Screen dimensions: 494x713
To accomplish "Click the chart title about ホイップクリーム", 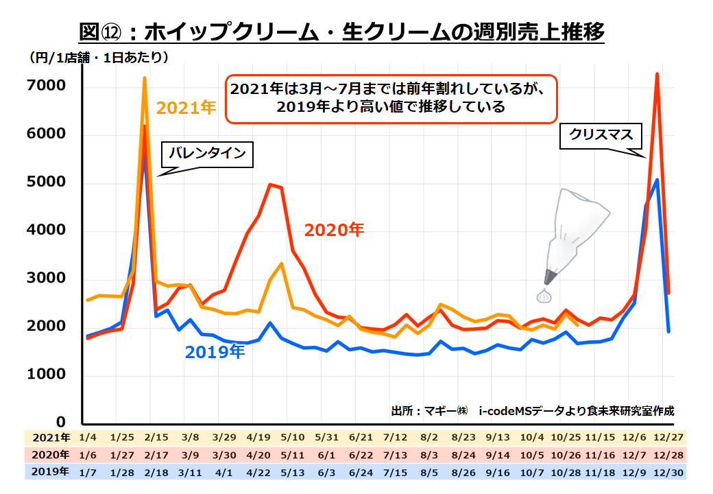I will [x=341, y=32].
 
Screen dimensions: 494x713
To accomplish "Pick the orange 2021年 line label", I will [x=186, y=108].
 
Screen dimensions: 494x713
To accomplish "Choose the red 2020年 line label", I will [x=334, y=230].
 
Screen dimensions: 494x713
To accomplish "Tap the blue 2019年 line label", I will [x=215, y=352].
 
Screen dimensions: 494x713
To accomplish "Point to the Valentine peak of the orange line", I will [x=145, y=78].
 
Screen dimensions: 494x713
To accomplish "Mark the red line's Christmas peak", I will [x=657, y=74].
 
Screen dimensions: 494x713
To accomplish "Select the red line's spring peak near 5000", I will [x=271, y=185].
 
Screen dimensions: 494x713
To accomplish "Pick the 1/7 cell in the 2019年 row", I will [x=88, y=471].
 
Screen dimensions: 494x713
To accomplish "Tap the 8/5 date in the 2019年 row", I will [x=430, y=471].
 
